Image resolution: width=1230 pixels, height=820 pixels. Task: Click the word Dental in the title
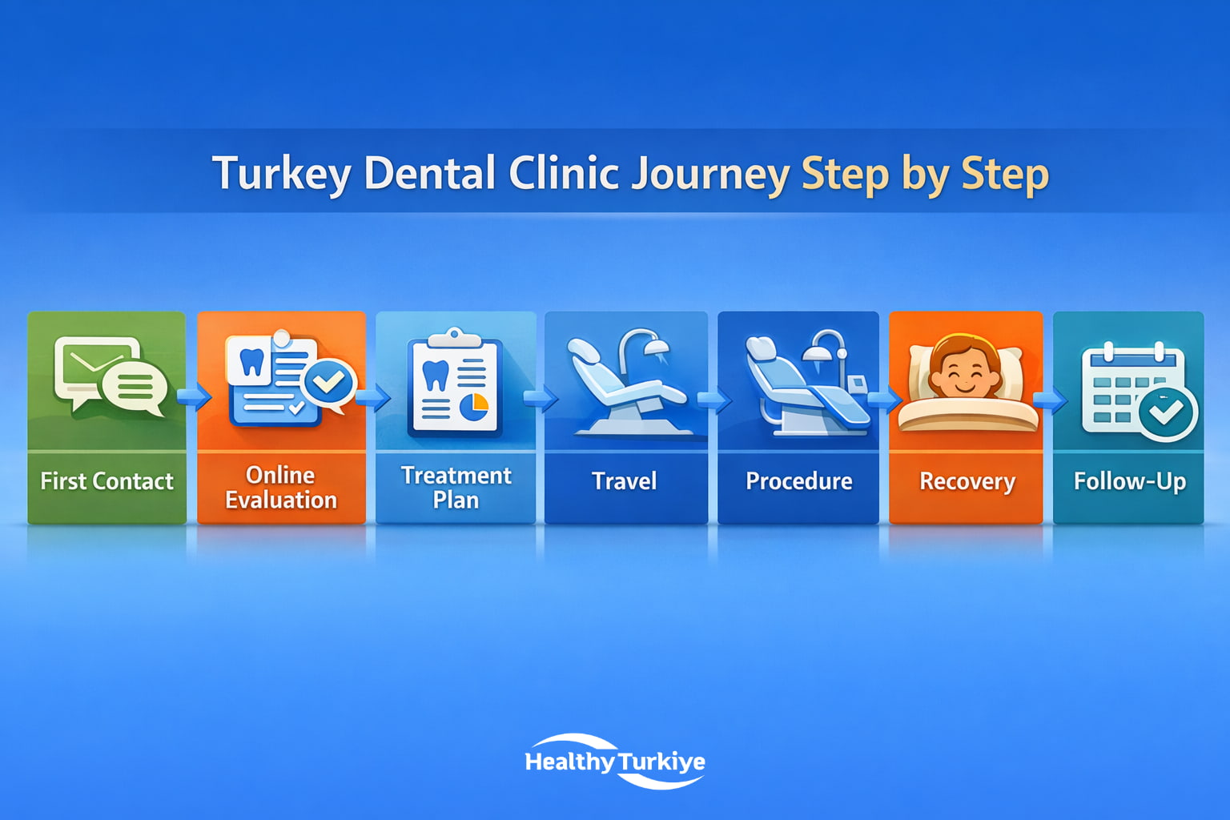point(429,174)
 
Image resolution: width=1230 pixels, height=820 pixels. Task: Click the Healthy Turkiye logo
point(615,762)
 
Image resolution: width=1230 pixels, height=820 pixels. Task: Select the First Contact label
point(107,481)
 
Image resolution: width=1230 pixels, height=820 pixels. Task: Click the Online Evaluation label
point(281,488)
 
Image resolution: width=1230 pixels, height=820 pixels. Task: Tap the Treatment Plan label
point(456,488)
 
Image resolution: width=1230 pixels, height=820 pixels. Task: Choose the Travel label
point(625,481)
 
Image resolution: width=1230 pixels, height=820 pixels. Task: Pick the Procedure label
point(798,481)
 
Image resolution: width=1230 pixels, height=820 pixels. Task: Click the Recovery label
point(967,481)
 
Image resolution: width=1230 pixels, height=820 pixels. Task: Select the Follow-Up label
point(1129,481)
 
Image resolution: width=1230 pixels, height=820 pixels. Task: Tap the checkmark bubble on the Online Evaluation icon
point(328,383)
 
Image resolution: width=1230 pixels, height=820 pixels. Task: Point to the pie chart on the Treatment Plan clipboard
point(474,406)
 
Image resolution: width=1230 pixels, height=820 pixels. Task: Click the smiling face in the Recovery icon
point(964,375)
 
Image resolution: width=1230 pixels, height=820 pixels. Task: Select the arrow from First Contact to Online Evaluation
point(193,396)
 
